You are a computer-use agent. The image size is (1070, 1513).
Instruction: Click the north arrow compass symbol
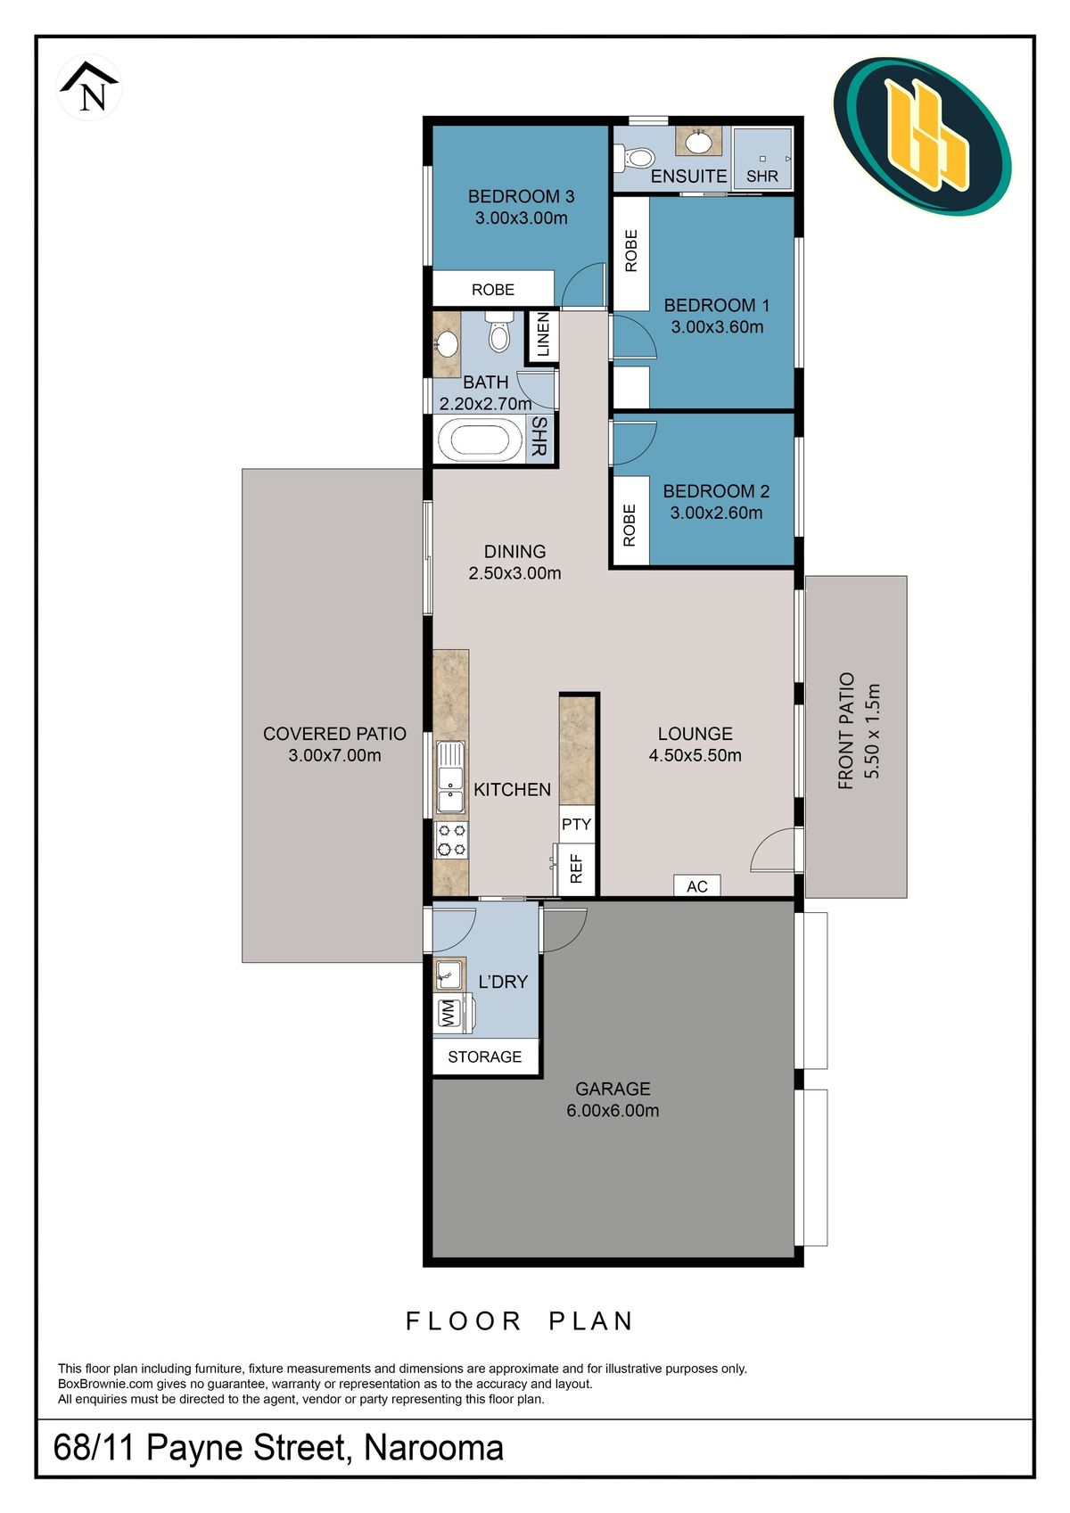point(89,86)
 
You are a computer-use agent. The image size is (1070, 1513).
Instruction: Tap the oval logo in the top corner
point(922,137)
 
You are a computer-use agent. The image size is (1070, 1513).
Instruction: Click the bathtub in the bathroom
point(481,440)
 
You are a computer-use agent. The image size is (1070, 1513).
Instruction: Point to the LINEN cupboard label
point(542,335)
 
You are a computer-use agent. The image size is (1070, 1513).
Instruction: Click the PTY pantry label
point(576,824)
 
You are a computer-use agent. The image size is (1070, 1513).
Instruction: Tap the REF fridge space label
point(576,868)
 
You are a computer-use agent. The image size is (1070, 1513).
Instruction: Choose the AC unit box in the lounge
point(697,885)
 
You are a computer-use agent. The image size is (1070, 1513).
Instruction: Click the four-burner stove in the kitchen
point(451,840)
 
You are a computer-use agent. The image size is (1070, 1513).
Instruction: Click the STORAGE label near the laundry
point(484,1057)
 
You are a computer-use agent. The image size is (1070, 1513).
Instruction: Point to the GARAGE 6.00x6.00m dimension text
point(613,1110)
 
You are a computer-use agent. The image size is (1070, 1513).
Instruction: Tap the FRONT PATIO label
point(845,731)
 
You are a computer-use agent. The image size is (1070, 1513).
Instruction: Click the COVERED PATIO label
point(334,734)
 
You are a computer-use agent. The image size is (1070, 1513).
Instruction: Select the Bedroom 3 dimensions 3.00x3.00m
point(521,218)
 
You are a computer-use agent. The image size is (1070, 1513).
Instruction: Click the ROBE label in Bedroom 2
point(629,525)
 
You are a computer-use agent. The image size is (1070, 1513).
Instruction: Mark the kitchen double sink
point(450,777)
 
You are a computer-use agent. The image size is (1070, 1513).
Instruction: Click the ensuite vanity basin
point(698,142)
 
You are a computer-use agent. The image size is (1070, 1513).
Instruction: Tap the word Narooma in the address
point(434,1447)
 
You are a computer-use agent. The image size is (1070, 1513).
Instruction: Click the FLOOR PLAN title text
point(519,1320)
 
